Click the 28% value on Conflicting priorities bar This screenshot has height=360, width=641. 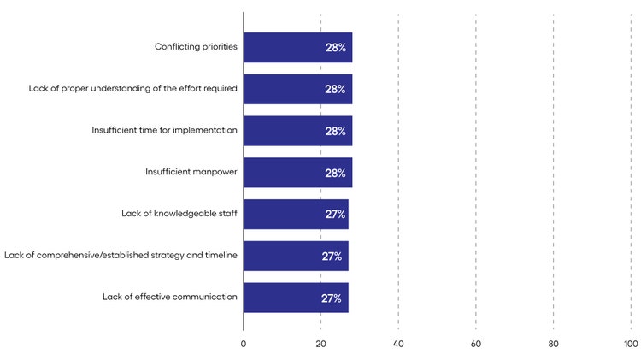[335, 48]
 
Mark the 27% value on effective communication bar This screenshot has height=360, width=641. [332, 298]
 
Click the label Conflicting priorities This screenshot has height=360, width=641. [196, 47]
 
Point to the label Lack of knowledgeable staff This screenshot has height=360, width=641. [179, 214]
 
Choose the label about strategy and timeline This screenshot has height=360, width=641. [121, 256]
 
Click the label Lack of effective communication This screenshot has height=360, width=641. [169, 298]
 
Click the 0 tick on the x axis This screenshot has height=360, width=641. [244, 344]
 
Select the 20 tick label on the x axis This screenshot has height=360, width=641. [320, 344]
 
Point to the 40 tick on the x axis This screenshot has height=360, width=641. [398, 344]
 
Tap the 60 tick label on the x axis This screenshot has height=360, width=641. [476, 344]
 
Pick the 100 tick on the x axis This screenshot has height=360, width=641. [631, 344]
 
